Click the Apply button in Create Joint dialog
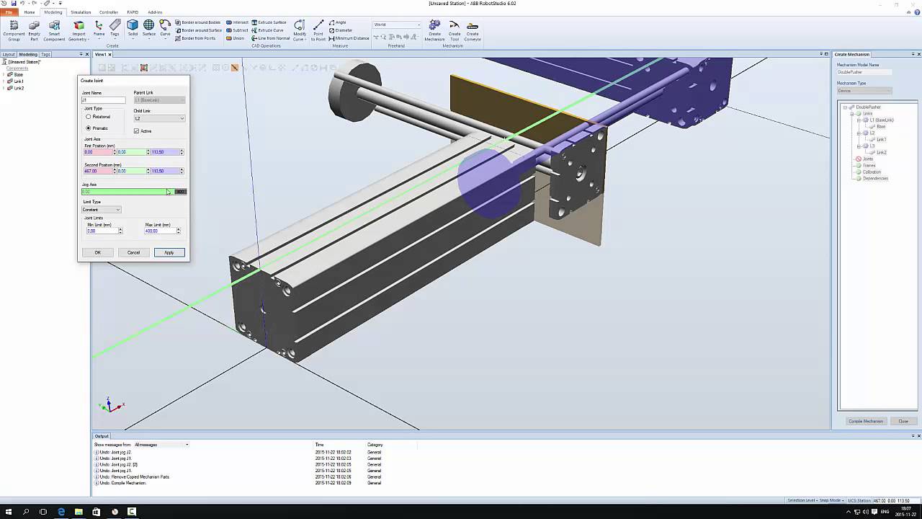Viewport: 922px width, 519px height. [169, 252]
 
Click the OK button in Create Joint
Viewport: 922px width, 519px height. [97, 252]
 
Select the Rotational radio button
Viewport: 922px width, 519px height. [89, 117]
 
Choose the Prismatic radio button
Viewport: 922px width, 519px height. [89, 128]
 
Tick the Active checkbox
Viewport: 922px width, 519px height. [136, 131]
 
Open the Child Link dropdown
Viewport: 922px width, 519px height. [159, 118]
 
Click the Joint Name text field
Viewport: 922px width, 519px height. [103, 99]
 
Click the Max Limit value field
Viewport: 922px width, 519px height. [159, 231]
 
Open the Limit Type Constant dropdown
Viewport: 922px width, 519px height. [102, 210]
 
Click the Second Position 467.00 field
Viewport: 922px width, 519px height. [97, 171]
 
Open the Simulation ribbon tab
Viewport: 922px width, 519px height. [81, 12]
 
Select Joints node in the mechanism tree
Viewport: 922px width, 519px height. [867, 159]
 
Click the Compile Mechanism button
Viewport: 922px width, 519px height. [865, 421]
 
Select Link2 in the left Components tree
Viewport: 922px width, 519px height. [18, 88]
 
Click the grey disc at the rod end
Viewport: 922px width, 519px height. [353, 92]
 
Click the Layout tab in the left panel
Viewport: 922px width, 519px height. [9, 54]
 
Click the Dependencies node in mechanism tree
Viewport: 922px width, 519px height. [874, 178]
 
